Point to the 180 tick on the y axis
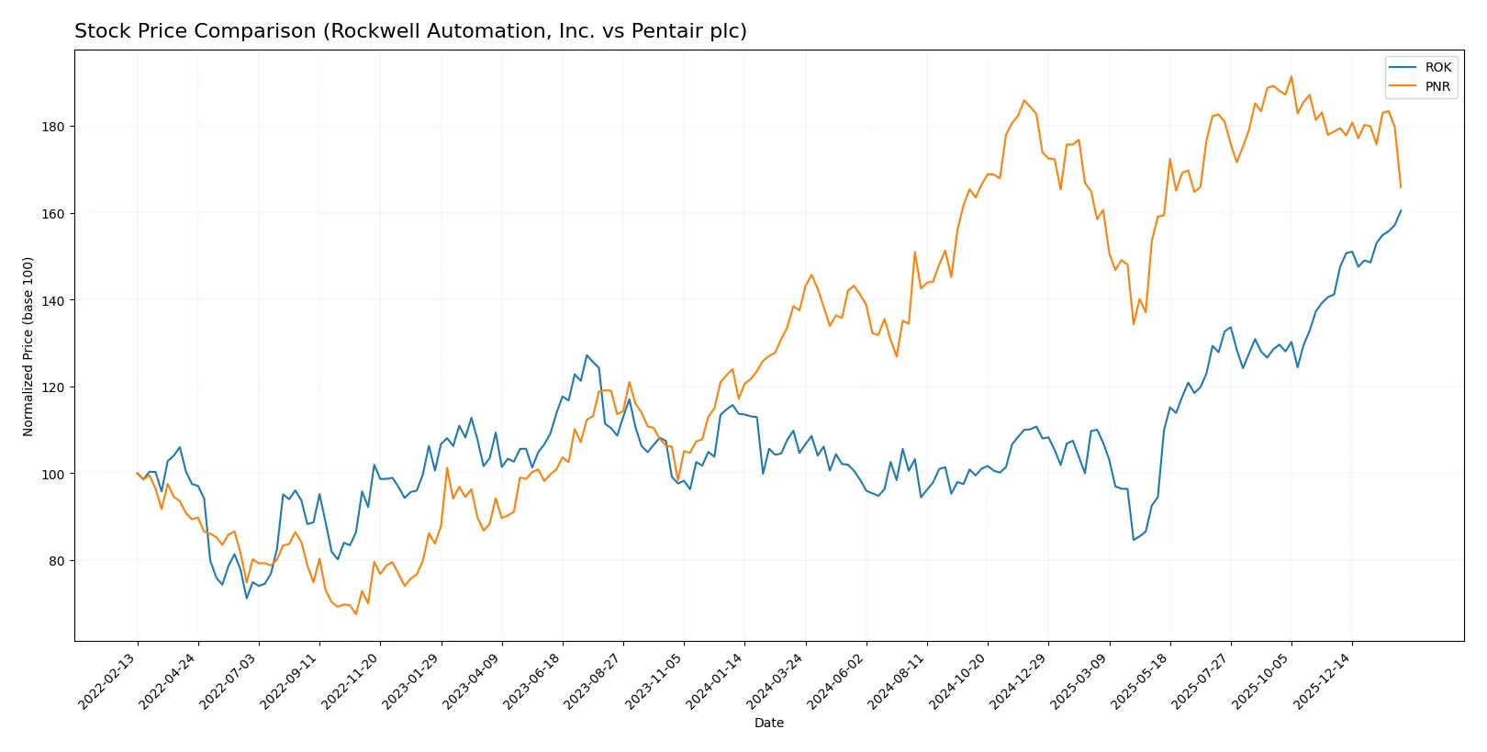[x=53, y=127]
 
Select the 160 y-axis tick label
[x=53, y=214]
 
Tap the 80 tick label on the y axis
[x=57, y=561]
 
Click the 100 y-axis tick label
[x=53, y=475]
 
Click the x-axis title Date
[x=768, y=724]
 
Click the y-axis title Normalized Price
[x=28, y=346]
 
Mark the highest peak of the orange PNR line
[x=1291, y=76]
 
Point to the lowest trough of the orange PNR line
[x=355, y=613]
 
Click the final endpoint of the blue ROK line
[x=1401, y=210]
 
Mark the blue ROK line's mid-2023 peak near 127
[x=587, y=355]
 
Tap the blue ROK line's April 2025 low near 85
[x=1134, y=540]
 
